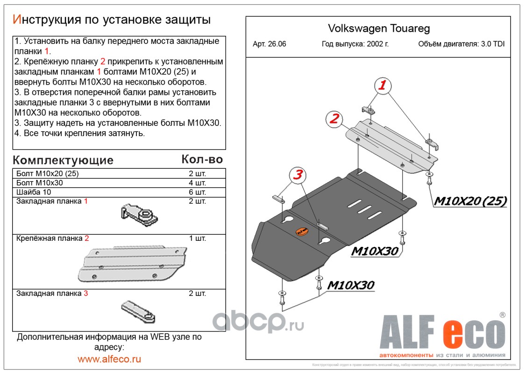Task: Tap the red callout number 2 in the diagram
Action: tap(333, 119)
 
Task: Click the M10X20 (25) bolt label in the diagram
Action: tap(470, 201)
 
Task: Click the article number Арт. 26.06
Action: tap(270, 44)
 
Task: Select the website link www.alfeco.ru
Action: tap(109, 359)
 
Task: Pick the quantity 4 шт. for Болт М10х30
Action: tap(197, 183)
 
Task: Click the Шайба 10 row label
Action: tap(34, 192)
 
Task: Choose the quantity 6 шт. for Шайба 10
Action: tap(197, 192)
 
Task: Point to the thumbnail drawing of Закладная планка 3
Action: tap(138, 311)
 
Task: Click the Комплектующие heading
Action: tap(63, 160)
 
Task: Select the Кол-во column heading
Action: tap(202, 159)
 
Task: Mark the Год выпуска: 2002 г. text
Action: tap(355, 44)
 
